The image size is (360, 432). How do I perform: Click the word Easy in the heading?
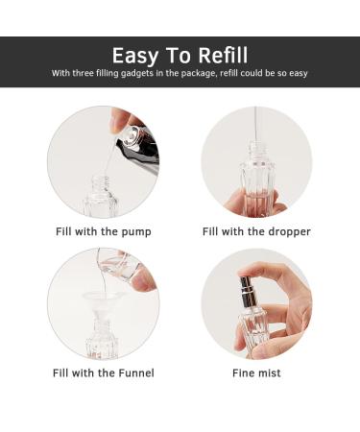click(135, 57)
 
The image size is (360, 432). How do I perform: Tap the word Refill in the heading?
click(223, 55)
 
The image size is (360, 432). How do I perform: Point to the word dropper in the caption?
click(289, 232)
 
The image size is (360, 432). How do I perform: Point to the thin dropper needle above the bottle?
click(255, 124)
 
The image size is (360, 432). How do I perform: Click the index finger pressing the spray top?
click(276, 273)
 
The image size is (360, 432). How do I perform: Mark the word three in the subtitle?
click(83, 73)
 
